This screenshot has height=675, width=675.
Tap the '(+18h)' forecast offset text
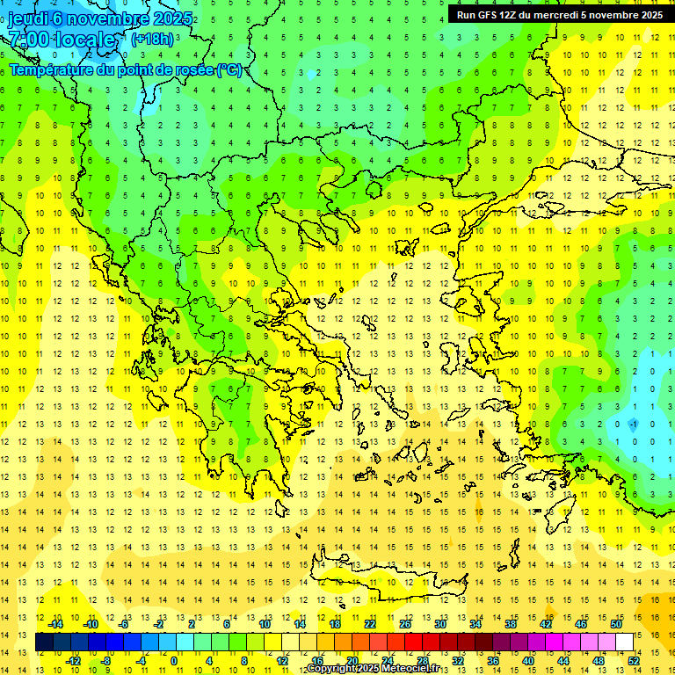(x=152, y=40)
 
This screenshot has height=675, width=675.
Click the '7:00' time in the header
(x=28, y=40)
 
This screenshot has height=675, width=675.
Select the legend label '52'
(x=634, y=661)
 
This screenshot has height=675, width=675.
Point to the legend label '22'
(x=370, y=624)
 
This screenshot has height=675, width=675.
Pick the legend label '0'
(x=174, y=661)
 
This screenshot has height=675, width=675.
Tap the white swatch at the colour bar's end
(x=625, y=642)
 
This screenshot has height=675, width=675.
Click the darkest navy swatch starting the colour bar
(x=44, y=642)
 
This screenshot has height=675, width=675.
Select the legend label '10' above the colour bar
(x=265, y=624)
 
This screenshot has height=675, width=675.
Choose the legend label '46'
(x=581, y=624)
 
